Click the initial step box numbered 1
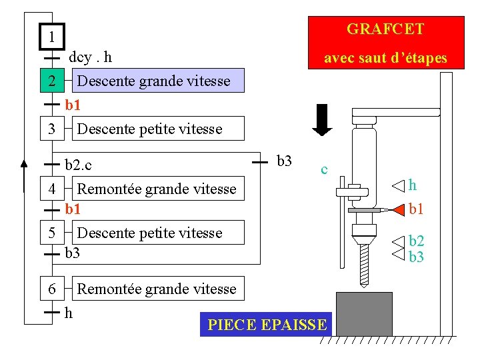point(51,36)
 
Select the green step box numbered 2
point(51,81)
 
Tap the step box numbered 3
point(51,128)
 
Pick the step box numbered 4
point(51,189)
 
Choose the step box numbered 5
point(51,233)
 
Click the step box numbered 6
point(51,289)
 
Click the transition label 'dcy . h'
point(91,57)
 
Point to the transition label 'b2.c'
point(79,164)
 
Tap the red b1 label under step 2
point(73,105)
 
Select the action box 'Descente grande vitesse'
point(154,81)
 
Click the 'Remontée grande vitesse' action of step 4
point(157,189)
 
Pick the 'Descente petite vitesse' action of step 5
point(150,233)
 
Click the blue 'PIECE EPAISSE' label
point(267,325)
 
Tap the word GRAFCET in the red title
point(385,29)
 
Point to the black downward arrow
point(323,120)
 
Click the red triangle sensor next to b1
point(397,210)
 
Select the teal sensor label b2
point(417,241)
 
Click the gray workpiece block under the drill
point(364,313)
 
